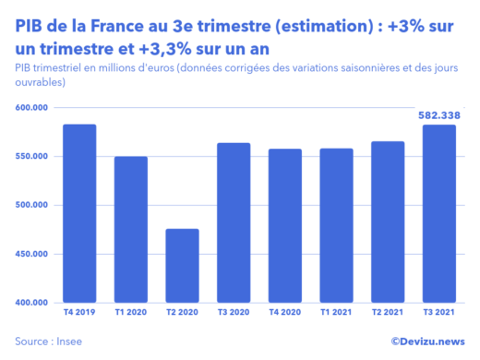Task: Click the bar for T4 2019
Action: [x=79, y=213]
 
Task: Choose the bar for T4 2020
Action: [x=285, y=225]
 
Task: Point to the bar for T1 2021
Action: [x=336, y=225]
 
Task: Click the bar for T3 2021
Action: [x=438, y=213]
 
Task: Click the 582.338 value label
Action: [x=438, y=114]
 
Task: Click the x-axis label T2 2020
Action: [x=182, y=313]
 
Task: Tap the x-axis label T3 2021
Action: [x=438, y=313]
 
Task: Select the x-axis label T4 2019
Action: [x=79, y=313]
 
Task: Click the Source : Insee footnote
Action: [x=45, y=341]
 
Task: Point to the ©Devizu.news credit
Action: [x=427, y=341]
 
